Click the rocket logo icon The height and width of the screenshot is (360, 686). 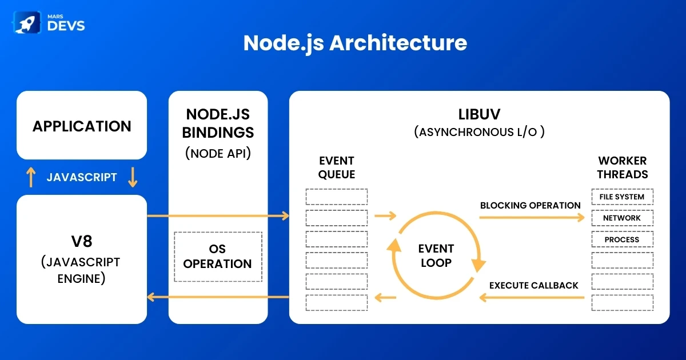pyautogui.click(x=27, y=22)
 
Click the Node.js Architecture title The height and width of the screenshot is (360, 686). pyautogui.click(x=355, y=43)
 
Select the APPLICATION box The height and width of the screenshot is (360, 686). pyautogui.click(x=82, y=125)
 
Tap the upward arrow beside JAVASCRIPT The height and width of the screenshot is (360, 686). pyautogui.click(x=31, y=177)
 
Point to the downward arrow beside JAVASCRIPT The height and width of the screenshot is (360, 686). pyautogui.click(x=133, y=177)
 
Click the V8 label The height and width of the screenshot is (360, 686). pyautogui.click(x=82, y=241)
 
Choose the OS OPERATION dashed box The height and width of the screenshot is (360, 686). pyautogui.click(x=218, y=257)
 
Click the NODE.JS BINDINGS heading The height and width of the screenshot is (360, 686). pyautogui.click(x=218, y=123)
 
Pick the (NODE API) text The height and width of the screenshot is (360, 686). pyautogui.click(x=218, y=153)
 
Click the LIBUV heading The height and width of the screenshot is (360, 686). pyautogui.click(x=479, y=114)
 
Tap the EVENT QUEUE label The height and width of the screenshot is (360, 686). pyautogui.click(x=337, y=167)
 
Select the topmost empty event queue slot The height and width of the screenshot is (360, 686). pyautogui.click(x=337, y=197)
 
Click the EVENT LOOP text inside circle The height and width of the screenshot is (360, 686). pyautogui.click(x=436, y=255)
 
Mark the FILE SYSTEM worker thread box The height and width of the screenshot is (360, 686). pyautogui.click(x=623, y=197)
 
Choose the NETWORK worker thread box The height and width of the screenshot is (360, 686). pyautogui.click(x=623, y=218)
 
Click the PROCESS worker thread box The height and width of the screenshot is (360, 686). pyautogui.click(x=623, y=239)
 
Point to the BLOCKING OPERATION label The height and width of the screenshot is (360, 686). pyautogui.click(x=530, y=205)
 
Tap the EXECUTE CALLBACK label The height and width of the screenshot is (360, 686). pyautogui.click(x=533, y=286)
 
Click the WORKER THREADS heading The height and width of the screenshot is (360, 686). pyautogui.click(x=623, y=167)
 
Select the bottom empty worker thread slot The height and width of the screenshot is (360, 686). pyautogui.click(x=623, y=303)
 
